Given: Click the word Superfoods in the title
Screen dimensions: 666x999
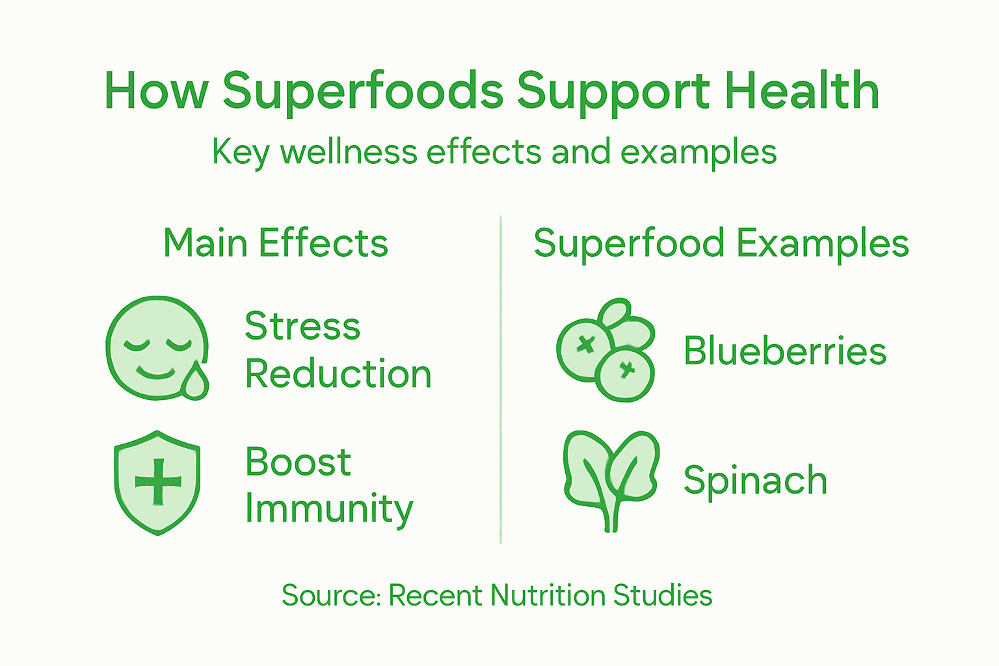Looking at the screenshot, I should click(363, 91).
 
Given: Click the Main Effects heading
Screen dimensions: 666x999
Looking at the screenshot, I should click(275, 243).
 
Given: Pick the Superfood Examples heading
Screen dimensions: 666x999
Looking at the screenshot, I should click(721, 243).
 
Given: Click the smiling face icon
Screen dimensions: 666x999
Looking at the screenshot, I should click(154, 346).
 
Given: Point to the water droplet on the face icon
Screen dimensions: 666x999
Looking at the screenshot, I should click(195, 382).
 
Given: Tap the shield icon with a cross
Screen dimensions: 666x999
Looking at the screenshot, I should click(157, 482).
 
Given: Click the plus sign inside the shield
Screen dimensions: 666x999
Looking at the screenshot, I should click(158, 482).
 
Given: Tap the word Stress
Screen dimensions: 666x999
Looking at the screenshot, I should click(302, 326).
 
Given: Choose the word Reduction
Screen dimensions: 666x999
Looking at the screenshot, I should click(338, 374).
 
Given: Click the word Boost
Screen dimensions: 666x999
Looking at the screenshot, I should click(298, 462).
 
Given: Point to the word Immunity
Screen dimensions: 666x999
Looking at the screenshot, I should click(329, 509).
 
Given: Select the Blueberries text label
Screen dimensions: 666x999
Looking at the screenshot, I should click(785, 351).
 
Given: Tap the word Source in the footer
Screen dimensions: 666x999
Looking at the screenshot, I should click(330, 595).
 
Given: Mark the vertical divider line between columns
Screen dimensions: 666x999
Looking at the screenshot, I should click(500, 380).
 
